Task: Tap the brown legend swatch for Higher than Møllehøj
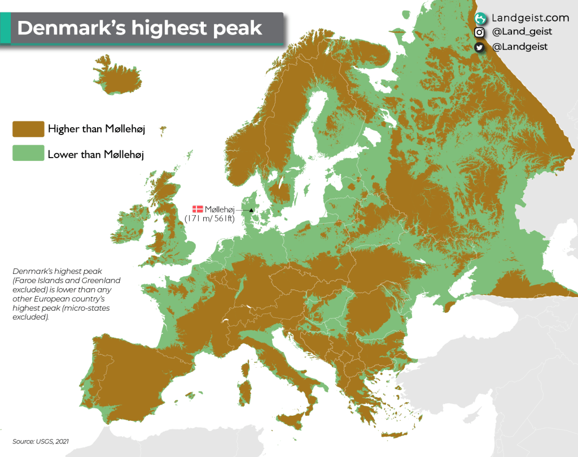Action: [x=28, y=129]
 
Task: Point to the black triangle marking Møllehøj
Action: [x=252, y=210]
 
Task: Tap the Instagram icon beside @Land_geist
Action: [x=480, y=32]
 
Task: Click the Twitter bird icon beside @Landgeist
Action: [x=480, y=47]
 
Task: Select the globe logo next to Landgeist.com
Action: [x=480, y=18]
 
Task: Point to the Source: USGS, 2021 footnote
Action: [x=41, y=441]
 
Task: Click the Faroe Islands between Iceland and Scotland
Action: [x=163, y=130]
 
